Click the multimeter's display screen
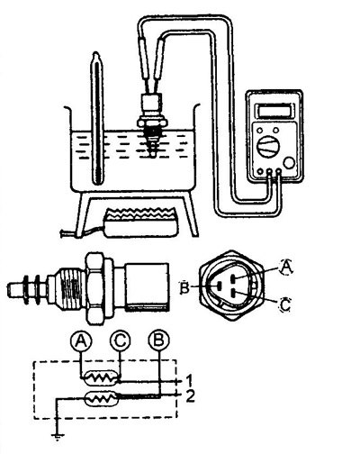[274, 110]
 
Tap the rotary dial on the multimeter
[269, 146]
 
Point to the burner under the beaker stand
[140, 222]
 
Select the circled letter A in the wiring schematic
[80, 341]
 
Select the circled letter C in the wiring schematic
[121, 341]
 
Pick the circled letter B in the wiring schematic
[159, 341]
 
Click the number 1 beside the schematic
[189, 381]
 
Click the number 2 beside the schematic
[190, 395]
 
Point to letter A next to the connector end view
[286, 267]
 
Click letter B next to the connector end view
[184, 287]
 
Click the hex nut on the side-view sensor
[96, 288]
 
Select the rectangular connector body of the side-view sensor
[147, 286]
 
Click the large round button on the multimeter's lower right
[289, 163]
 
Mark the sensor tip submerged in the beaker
[153, 144]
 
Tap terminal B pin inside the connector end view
[220, 286]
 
